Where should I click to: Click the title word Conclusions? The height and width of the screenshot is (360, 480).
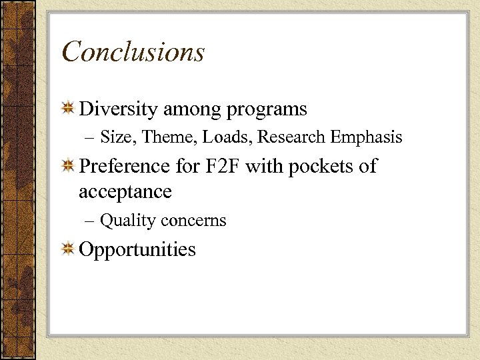[133, 52]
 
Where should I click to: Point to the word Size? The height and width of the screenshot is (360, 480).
[117, 137]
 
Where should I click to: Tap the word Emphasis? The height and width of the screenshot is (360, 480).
[365, 138]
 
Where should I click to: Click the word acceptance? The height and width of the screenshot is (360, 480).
[125, 193]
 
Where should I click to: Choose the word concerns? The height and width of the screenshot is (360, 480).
[193, 221]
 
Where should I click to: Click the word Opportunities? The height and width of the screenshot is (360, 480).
[137, 250]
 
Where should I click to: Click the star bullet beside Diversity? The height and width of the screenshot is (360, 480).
[68, 109]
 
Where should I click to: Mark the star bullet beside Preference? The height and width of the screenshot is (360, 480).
[68, 166]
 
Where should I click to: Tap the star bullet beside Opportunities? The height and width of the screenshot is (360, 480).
[68, 249]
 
